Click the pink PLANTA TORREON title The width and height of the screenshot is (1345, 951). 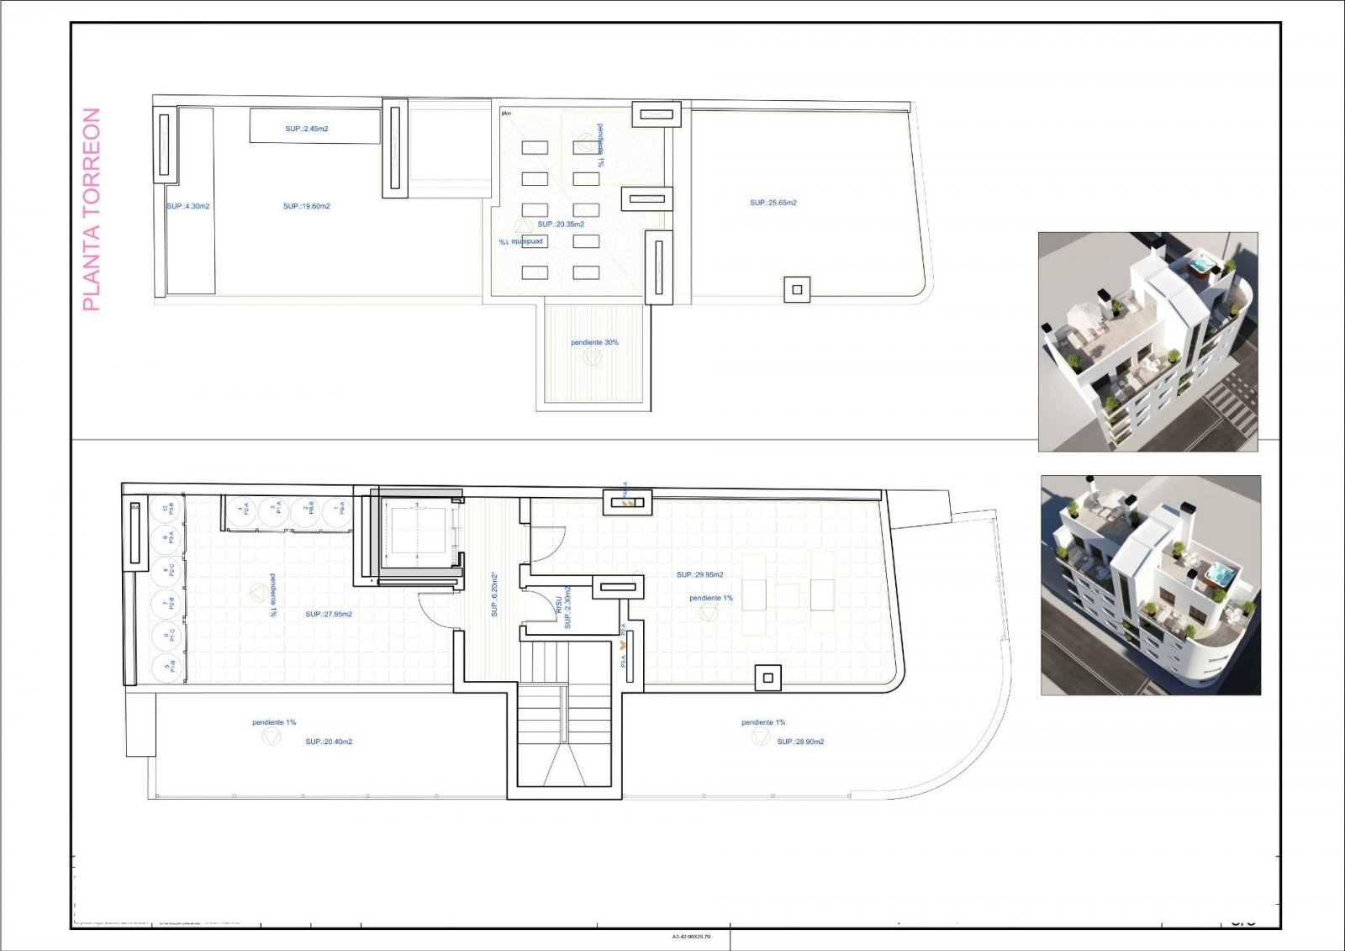(x=91, y=209)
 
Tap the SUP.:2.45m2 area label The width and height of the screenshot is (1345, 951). (x=306, y=129)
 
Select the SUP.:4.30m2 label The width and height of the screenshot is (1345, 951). (x=187, y=206)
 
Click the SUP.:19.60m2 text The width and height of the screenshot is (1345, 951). (x=307, y=206)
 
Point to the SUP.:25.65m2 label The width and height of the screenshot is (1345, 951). (x=773, y=203)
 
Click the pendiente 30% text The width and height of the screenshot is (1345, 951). (x=594, y=342)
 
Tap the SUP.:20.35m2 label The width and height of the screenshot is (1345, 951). (x=561, y=225)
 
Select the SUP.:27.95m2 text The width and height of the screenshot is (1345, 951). (x=329, y=614)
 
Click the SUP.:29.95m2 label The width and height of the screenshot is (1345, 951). (x=699, y=574)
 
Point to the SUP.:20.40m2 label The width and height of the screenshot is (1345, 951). (x=329, y=742)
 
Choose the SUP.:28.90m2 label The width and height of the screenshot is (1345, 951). (x=800, y=742)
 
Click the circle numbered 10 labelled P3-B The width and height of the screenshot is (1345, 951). (x=168, y=507)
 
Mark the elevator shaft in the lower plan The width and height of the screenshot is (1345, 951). (x=417, y=538)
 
